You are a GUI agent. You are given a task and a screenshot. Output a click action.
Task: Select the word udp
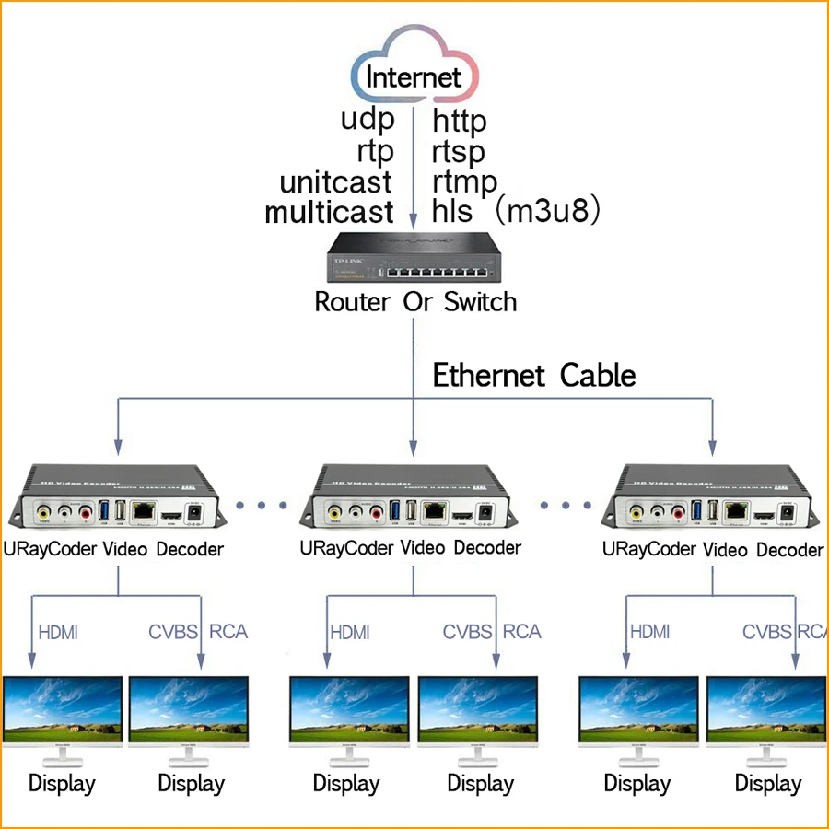[x=368, y=120]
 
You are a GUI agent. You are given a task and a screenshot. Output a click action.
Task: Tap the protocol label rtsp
[x=458, y=150]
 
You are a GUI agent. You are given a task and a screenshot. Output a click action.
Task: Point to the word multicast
[x=329, y=212]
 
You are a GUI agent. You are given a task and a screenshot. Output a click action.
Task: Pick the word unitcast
[x=335, y=181]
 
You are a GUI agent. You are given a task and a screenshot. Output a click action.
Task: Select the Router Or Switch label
[x=415, y=302]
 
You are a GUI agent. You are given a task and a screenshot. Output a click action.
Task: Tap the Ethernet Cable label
[x=534, y=376]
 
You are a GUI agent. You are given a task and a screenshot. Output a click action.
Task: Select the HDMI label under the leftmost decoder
[x=58, y=633]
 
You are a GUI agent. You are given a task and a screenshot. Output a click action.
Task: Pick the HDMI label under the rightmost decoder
[x=650, y=633]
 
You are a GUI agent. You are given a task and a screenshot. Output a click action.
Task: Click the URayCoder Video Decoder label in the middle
[x=410, y=548]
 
